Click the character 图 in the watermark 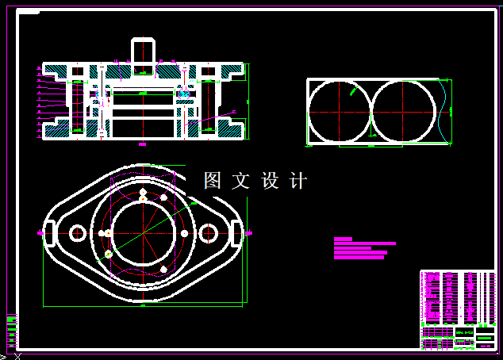coord(213,181)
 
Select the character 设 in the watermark coord(270,181)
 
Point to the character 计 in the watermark coord(298,181)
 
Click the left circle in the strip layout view coord(339,112)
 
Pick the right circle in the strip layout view coord(404,112)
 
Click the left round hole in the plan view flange coord(78,233)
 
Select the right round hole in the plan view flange coord(209,233)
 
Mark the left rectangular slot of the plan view coord(48,233)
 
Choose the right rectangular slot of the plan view coord(236,233)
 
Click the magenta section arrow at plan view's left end coord(40,233)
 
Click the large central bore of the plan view coord(143,233)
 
